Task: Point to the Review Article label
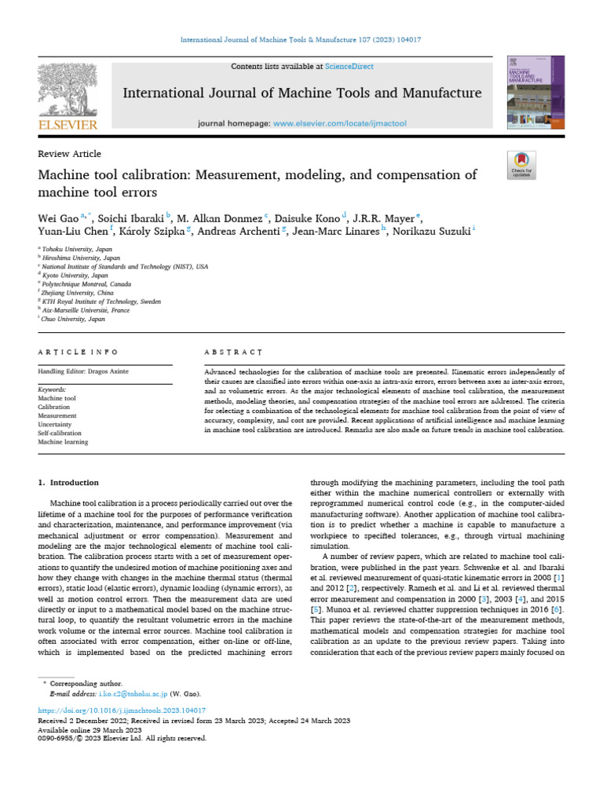(x=70, y=154)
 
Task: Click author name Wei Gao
(x=56, y=217)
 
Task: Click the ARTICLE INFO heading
(x=79, y=353)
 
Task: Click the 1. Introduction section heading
(x=69, y=482)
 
